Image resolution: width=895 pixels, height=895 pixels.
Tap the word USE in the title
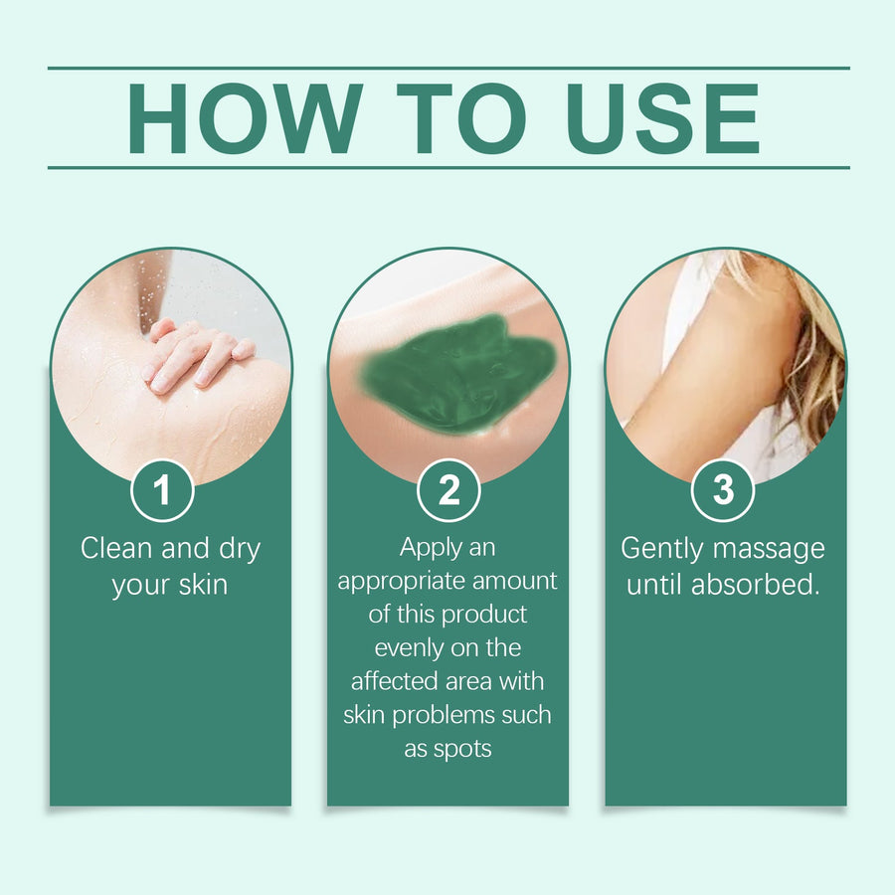click(x=662, y=118)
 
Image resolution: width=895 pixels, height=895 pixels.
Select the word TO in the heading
click(x=461, y=118)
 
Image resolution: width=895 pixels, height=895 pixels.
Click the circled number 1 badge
click(x=163, y=490)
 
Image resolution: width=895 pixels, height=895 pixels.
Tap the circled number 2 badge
click(x=448, y=490)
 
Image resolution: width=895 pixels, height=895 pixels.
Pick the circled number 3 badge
click(x=723, y=490)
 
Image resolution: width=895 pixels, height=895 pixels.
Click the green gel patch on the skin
click(x=456, y=374)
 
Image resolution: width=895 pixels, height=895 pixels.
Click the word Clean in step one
click(x=116, y=548)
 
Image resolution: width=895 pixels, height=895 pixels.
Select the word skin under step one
click(x=203, y=584)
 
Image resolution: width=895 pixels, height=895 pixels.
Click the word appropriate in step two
click(x=401, y=582)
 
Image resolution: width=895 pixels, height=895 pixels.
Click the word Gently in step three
click(x=662, y=549)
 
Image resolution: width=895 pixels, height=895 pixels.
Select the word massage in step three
click(x=769, y=550)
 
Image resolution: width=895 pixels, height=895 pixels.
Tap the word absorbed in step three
click(x=756, y=584)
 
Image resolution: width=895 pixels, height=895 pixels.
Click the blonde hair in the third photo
click(x=810, y=354)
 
